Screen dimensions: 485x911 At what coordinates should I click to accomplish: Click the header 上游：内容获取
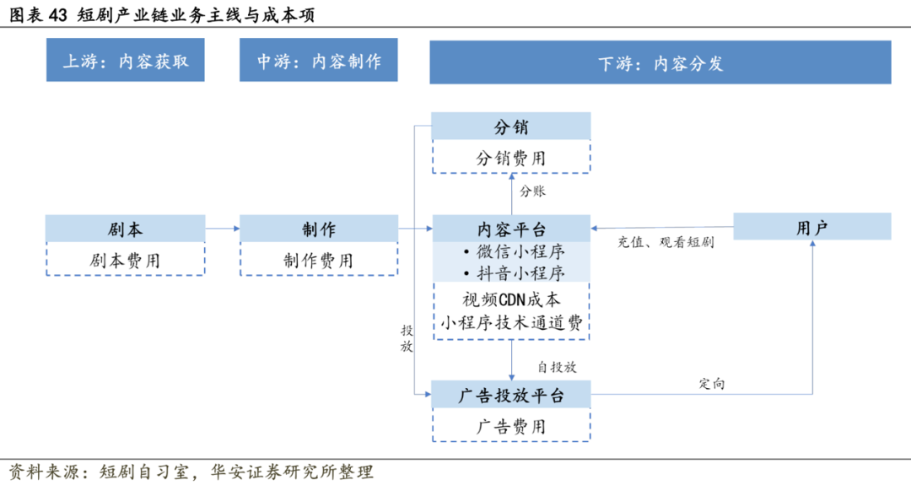(125, 62)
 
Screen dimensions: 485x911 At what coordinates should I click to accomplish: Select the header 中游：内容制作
(318, 62)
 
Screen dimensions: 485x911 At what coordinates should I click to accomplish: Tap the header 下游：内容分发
(660, 64)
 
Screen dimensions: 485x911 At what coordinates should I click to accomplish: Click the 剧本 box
(125, 228)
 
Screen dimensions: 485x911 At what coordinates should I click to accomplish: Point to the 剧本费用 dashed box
(125, 260)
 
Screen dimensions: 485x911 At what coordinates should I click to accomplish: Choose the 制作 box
(318, 228)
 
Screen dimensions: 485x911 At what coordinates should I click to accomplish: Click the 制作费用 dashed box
(318, 260)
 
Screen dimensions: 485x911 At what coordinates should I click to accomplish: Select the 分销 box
(511, 127)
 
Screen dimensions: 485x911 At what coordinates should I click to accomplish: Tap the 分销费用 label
(511, 158)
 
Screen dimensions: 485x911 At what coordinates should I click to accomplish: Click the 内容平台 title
(511, 228)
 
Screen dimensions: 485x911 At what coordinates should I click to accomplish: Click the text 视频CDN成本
(511, 299)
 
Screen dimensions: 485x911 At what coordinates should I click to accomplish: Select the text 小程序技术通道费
(511, 322)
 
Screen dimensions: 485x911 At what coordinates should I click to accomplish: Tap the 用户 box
(811, 227)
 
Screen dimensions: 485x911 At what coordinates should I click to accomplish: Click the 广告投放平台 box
(511, 395)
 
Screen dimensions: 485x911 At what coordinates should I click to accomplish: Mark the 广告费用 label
(511, 426)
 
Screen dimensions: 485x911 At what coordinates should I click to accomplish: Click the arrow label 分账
(532, 191)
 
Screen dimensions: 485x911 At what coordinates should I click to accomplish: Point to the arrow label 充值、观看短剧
(666, 243)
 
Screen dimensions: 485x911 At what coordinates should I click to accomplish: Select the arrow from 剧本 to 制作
(222, 228)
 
